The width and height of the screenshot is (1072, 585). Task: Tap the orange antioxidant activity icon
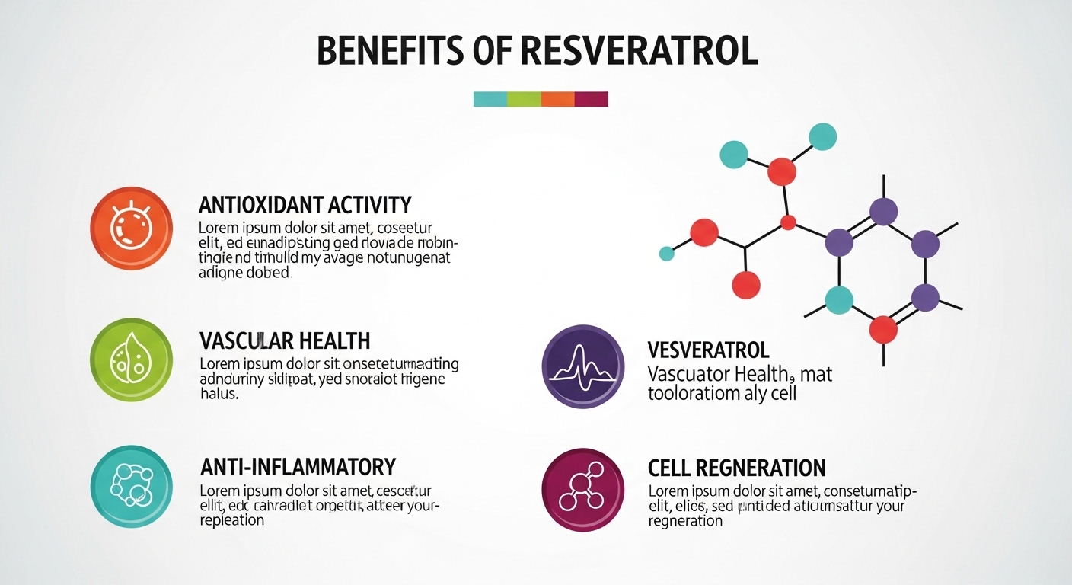131,226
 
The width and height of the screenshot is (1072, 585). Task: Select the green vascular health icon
131,360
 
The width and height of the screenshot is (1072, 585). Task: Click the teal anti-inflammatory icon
131,487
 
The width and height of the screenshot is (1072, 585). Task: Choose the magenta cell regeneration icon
582,489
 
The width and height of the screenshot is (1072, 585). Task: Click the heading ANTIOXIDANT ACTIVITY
305,205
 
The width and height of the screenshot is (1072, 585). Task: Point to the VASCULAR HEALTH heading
284,340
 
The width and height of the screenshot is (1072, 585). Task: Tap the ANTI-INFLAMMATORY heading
297,466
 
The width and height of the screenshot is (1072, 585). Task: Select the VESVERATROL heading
708,350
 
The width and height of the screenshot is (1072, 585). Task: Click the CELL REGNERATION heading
736,468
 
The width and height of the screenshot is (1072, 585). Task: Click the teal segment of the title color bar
490,99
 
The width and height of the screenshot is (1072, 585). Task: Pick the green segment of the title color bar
524,99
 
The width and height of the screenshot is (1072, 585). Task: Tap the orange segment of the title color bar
557,99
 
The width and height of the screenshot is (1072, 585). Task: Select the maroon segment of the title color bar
591,99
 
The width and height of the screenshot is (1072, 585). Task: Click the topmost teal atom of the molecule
822,136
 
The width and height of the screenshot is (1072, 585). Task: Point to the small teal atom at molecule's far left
667,254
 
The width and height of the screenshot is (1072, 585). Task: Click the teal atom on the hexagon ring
839,300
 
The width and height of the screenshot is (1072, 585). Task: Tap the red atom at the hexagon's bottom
883,329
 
